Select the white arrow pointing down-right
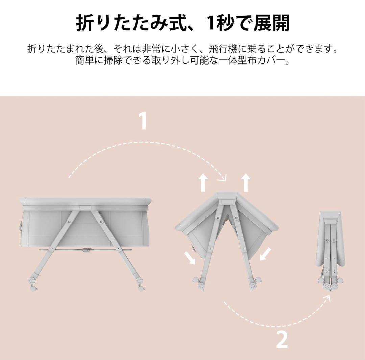[x=190, y=258]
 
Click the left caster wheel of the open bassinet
[x=32, y=284]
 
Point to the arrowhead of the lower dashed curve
[x=327, y=298]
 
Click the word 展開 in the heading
[x=271, y=23]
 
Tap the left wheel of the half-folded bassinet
[x=199, y=284]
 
